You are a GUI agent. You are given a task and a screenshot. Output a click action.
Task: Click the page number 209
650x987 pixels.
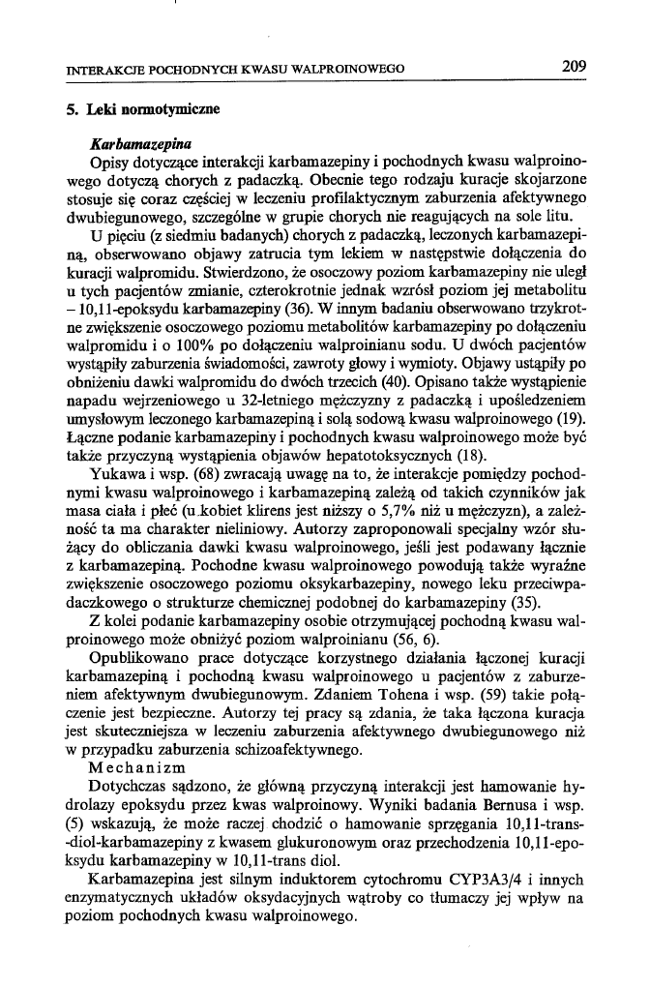tap(574, 67)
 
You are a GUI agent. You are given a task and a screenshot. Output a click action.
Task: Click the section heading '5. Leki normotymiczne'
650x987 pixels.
tap(144, 109)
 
